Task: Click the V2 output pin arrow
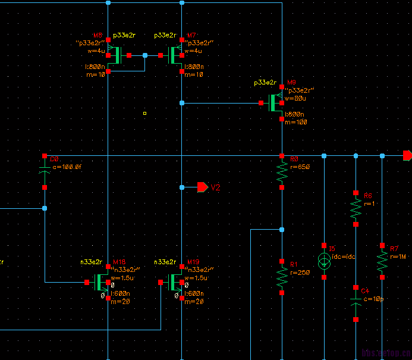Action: click(x=203, y=187)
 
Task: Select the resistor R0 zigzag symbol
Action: click(x=282, y=173)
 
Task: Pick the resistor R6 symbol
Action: click(x=356, y=209)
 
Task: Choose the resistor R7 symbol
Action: click(x=382, y=261)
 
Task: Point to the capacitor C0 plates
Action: click(x=45, y=171)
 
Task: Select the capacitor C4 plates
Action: click(x=356, y=304)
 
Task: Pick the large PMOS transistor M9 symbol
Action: click(x=275, y=103)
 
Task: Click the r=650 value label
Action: click(x=300, y=167)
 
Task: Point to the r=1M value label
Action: click(x=398, y=256)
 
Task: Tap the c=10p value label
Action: click(x=372, y=299)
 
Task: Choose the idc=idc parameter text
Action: click(x=344, y=256)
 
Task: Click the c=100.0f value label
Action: click(x=67, y=167)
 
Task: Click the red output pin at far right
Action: click(x=407, y=156)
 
